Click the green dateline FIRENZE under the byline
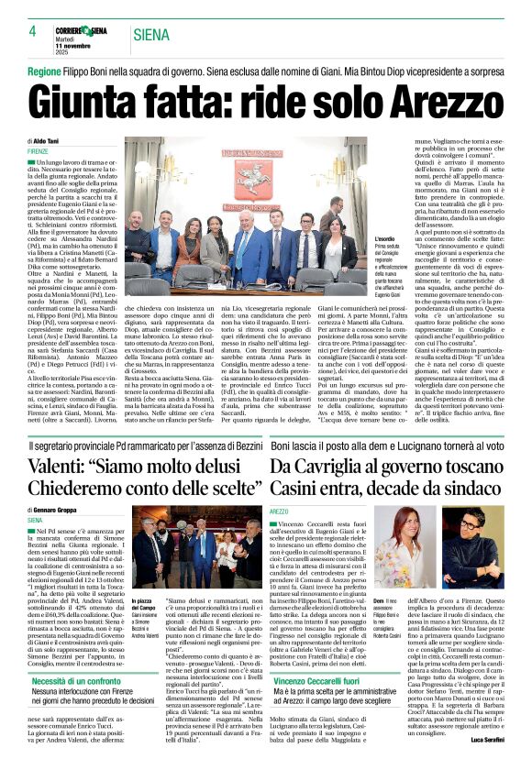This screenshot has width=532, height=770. [38, 150]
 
